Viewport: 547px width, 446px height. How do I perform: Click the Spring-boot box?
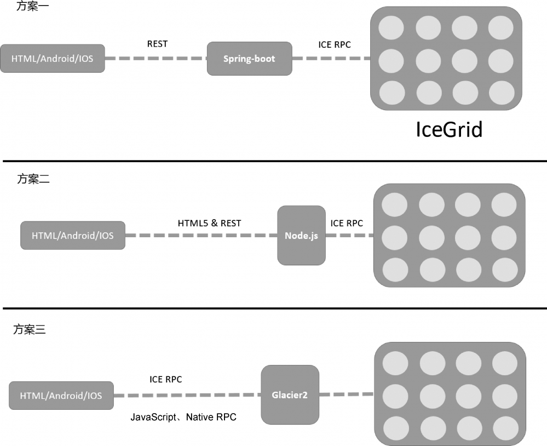click(249, 59)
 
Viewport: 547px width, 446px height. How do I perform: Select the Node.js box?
click(301, 236)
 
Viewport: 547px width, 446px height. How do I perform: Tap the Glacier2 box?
click(290, 394)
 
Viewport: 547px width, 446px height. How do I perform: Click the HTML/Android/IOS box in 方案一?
click(52, 59)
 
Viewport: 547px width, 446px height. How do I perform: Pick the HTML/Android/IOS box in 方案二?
click(72, 236)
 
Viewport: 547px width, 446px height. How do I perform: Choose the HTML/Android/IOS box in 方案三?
click(61, 396)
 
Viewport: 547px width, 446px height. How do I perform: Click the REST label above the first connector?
click(157, 44)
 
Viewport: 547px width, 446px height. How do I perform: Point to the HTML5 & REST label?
click(209, 223)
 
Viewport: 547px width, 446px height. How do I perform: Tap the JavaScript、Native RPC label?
click(183, 418)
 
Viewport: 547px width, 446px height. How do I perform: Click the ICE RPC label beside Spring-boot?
click(335, 44)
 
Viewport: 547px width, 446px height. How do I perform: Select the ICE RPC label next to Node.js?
click(347, 223)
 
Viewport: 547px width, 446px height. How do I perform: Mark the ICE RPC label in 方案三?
click(165, 379)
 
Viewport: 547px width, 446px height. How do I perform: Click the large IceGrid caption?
click(449, 130)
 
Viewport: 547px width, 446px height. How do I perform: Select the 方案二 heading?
click(33, 179)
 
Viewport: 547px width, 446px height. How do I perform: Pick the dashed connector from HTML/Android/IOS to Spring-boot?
click(156, 58)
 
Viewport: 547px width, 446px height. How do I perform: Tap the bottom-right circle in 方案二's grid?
click(504, 270)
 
